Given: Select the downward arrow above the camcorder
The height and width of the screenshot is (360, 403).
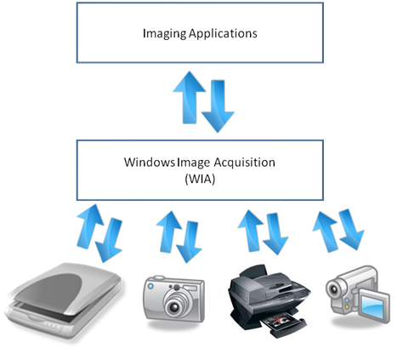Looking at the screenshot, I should tap(349, 231).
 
